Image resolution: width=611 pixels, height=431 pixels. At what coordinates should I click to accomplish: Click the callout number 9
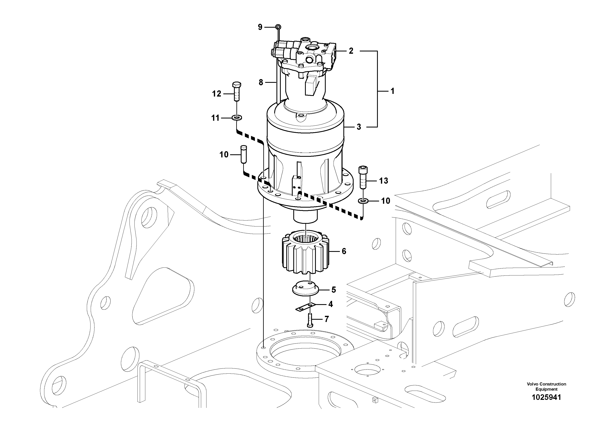click(260, 27)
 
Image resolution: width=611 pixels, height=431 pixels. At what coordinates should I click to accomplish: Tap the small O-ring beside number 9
click(278, 27)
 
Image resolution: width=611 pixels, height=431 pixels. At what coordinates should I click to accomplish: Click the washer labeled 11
click(237, 117)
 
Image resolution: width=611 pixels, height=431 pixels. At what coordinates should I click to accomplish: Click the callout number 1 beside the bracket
click(392, 91)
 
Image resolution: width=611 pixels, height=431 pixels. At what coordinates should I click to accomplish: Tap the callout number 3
click(359, 127)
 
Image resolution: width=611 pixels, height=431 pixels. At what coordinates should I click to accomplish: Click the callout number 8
click(261, 82)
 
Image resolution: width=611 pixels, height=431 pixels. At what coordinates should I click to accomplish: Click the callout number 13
click(383, 181)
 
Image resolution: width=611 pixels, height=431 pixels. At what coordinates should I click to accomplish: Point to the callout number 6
click(344, 251)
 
